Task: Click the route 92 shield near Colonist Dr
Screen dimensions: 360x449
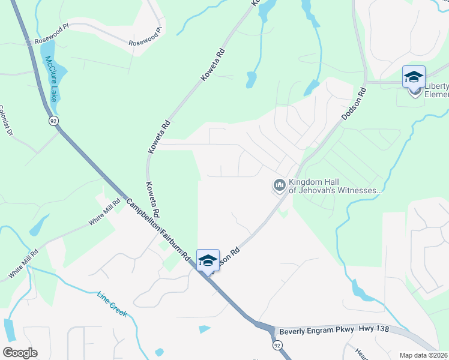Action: coord(53,121)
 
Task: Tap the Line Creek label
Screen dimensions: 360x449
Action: coord(112,305)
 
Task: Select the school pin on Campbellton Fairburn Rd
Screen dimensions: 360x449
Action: coord(208,261)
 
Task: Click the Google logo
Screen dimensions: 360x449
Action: coord(20,352)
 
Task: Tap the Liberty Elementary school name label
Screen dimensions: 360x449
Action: coord(436,89)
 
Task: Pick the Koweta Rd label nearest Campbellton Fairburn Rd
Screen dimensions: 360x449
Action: coord(152,200)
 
